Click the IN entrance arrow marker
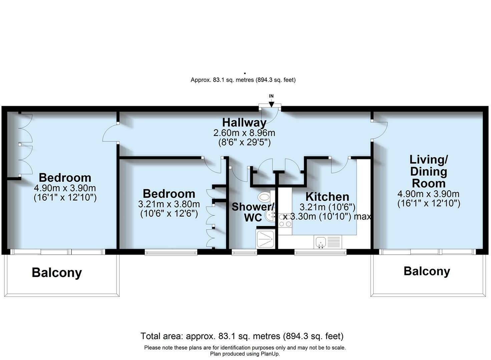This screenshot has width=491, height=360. tap(271, 103)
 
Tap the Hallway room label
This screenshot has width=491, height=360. tap(244, 122)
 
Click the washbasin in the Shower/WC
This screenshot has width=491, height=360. tap(270, 215)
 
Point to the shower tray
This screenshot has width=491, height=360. tap(265, 239)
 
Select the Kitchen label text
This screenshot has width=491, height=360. tap(327, 196)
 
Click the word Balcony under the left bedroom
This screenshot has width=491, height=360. tap(57, 273)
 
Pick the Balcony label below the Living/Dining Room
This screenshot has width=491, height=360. tap(427, 271)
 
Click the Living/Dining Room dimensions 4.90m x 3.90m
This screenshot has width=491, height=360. tap(428, 194)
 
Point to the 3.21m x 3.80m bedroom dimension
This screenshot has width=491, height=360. tap(169, 204)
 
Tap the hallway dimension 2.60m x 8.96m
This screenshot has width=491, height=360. tap(244, 133)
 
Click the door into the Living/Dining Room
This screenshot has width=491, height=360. tap(379, 130)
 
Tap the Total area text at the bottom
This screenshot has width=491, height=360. tap(242, 336)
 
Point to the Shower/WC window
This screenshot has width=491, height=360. tap(244, 253)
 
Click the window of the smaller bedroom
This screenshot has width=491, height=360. tap(171, 253)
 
